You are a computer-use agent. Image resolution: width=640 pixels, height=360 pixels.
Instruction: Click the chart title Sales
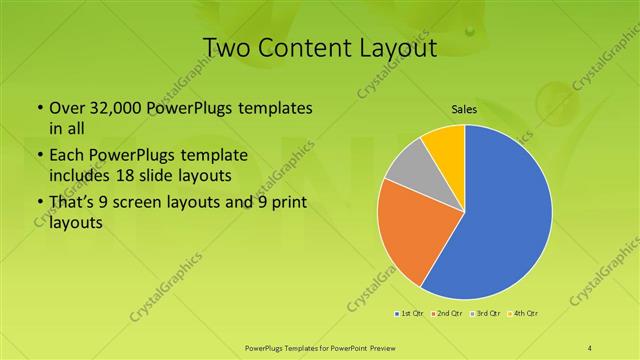(x=463, y=109)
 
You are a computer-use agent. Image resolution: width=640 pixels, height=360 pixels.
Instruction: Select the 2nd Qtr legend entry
(x=447, y=313)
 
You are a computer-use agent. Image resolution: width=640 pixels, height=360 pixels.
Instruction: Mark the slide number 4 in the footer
(x=590, y=347)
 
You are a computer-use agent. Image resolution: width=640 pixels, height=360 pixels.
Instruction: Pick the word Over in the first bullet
(x=66, y=107)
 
